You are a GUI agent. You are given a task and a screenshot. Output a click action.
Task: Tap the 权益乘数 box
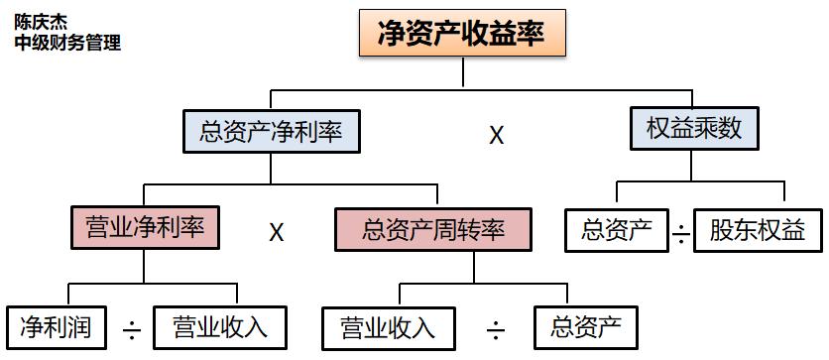(x=694, y=129)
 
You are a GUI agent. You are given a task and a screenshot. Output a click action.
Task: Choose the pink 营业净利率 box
(x=145, y=226)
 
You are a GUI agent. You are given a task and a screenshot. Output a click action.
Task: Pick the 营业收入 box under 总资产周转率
(x=388, y=326)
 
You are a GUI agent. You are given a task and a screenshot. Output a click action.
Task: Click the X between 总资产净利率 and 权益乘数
(x=497, y=135)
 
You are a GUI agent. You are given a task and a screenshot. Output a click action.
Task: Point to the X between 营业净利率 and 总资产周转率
(x=278, y=233)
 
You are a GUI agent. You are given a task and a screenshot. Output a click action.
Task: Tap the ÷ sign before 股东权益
(x=680, y=236)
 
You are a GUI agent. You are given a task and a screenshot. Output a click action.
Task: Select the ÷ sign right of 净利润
(x=130, y=330)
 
